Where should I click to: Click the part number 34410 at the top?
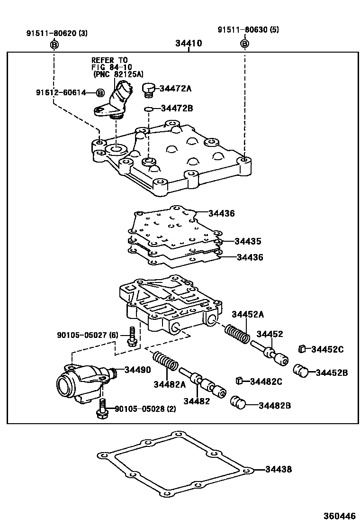[x=188, y=44]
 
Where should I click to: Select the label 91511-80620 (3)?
[x=56, y=33]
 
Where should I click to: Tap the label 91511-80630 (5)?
[x=248, y=29]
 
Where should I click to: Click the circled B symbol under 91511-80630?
[x=244, y=44]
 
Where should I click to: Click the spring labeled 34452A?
[x=237, y=333]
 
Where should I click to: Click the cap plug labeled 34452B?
[x=301, y=371]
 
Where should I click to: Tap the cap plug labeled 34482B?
[x=239, y=404]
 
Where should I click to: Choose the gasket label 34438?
[x=278, y=470]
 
